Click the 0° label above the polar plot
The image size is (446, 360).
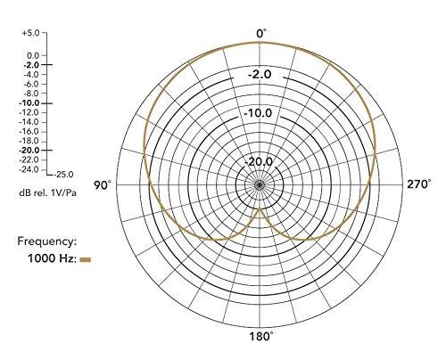pyautogui.click(x=261, y=34)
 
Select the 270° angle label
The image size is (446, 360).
pyautogui.click(x=418, y=184)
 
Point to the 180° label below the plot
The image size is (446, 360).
pyautogui.click(x=260, y=337)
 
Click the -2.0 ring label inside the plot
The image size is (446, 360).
pyautogui.click(x=260, y=74)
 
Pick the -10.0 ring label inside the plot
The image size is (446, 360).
pyautogui.click(x=258, y=113)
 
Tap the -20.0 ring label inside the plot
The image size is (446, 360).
pyautogui.click(x=258, y=162)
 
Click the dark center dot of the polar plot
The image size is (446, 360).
pyautogui.click(x=260, y=185)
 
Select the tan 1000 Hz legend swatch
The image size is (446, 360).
pyautogui.click(x=86, y=259)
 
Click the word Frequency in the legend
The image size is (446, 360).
pyautogui.click(x=45, y=241)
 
